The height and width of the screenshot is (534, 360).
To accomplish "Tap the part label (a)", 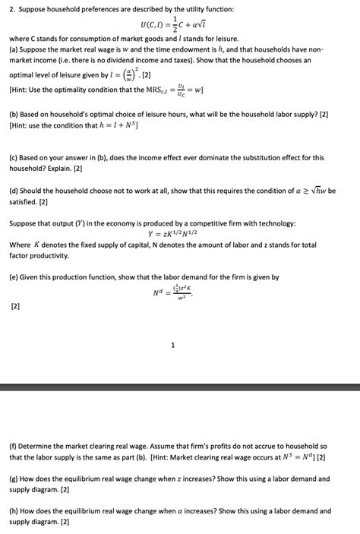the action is (13, 49).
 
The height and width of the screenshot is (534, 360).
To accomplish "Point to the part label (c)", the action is (13, 157).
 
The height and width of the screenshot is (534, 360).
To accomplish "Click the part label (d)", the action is (13, 191).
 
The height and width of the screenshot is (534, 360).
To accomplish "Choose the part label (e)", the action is (13, 277).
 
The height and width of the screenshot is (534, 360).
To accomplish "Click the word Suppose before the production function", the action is (24, 223).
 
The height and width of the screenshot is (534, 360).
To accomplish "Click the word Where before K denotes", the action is (20, 245).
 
